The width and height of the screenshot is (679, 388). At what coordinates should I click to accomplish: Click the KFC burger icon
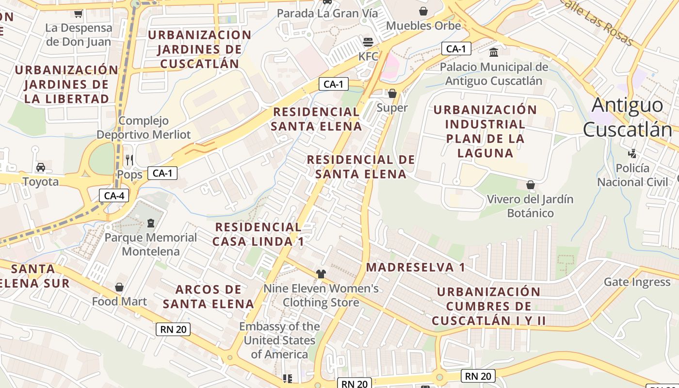[368, 42]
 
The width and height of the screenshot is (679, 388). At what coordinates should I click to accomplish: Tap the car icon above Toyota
[41, 167]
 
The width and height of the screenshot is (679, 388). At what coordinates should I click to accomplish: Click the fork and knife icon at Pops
[129, 160]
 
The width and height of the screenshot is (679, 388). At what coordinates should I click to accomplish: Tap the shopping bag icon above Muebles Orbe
[423, 11]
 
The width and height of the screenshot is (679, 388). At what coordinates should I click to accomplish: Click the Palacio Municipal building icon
[494, 52]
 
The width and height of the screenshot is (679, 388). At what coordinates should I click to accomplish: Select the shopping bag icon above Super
[392, 93]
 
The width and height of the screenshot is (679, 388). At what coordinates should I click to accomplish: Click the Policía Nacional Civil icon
[632, 154]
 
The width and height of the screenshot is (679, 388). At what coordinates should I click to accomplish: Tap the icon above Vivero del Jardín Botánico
[530, 185]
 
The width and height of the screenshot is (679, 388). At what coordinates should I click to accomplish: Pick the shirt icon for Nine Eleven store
[321, 274]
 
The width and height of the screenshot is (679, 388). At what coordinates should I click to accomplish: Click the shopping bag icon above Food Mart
[119, 287]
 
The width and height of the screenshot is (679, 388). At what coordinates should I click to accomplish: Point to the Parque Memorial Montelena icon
[150, 223]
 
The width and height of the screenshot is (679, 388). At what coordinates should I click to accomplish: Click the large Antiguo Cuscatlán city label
[628, 117]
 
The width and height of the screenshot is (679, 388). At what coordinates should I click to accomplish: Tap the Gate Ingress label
[637, 282]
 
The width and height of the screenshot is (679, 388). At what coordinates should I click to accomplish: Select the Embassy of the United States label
[280, 340]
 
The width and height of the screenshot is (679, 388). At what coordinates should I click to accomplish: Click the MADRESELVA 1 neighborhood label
[415, 267]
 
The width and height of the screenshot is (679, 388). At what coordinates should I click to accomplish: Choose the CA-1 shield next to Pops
[162, 173]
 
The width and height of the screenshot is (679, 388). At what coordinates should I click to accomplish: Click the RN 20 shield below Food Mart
[173, 329]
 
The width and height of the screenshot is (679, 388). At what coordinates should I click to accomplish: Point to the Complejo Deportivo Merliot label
[144, 128]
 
